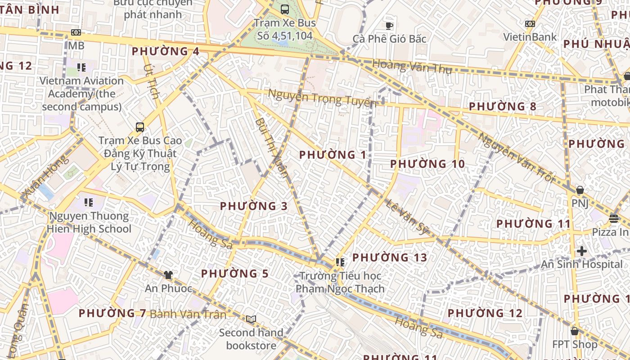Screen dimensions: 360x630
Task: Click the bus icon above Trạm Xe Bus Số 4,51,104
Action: click(x=284, y=9)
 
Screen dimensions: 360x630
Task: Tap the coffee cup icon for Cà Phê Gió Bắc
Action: click(x=389, y=25)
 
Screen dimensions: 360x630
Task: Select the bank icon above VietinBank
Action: click(x=530, y=23)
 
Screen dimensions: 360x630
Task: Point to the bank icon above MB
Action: click(x=76, y=32)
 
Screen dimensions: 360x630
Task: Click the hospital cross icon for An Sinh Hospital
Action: click(x=581, y=251)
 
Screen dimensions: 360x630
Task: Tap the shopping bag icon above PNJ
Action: click(x=580, y=190)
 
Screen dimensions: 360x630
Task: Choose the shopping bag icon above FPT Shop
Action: click(x=574, y=331)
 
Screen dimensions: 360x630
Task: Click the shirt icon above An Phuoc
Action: click(x=168, y=274)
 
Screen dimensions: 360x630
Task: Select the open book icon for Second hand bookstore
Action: click(x=251, y=319)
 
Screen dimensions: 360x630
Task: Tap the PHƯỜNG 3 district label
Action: click(x=253, y=206)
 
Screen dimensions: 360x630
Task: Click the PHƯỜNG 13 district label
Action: click(x=389, y=257)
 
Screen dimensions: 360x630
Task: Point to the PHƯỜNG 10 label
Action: click(x=427, y=164)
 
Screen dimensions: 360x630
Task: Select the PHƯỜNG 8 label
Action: click(x=502, y=107)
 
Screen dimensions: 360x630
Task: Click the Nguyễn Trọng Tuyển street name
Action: click(x=322, y=98)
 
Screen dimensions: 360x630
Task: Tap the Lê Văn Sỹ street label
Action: click(x=406, y=217)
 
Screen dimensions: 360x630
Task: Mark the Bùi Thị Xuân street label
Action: click(x=271, y=148)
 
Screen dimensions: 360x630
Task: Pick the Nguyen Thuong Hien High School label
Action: click(x=89, y=222)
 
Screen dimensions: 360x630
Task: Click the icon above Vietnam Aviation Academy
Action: click(x=81, y=67)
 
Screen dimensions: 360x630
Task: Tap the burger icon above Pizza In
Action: click(x=614, y=219)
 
